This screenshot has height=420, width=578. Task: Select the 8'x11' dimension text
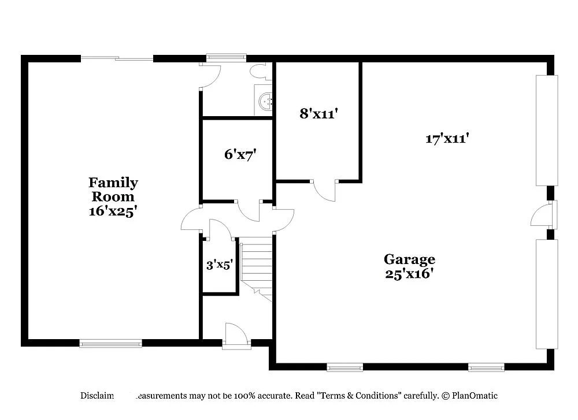coord(318,114)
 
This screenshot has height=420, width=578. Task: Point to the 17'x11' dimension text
coord(447,139)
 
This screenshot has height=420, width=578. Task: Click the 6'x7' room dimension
coord(240,154)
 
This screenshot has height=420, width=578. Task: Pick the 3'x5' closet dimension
coord(220,265)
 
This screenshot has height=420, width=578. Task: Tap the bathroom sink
coord(265,102)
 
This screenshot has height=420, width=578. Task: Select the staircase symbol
coord(257,269)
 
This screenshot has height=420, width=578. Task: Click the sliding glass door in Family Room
coord(117,58)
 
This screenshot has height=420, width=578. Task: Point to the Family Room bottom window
coord(110,344)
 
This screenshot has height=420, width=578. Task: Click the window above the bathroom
coord(227,57)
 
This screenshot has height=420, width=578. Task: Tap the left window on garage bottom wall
coord(344,367)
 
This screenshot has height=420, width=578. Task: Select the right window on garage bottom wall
coord(486,367)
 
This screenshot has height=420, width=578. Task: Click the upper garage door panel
coord(547,130)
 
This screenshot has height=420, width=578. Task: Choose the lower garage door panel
coord(547,294)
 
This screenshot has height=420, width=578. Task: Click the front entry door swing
coord(236,335)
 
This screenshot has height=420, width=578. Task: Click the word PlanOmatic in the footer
coord(475,396)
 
